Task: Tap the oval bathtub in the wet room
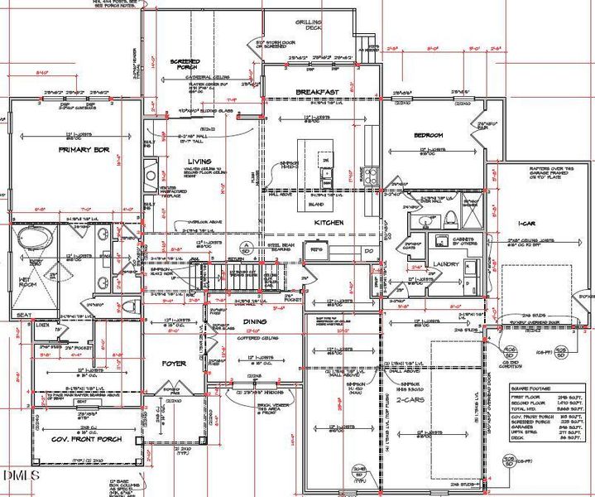(x=35, y=241)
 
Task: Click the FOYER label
(x=174, y=364)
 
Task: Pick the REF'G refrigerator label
(x=315, y=248)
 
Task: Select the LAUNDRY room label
(x=446, y=264)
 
